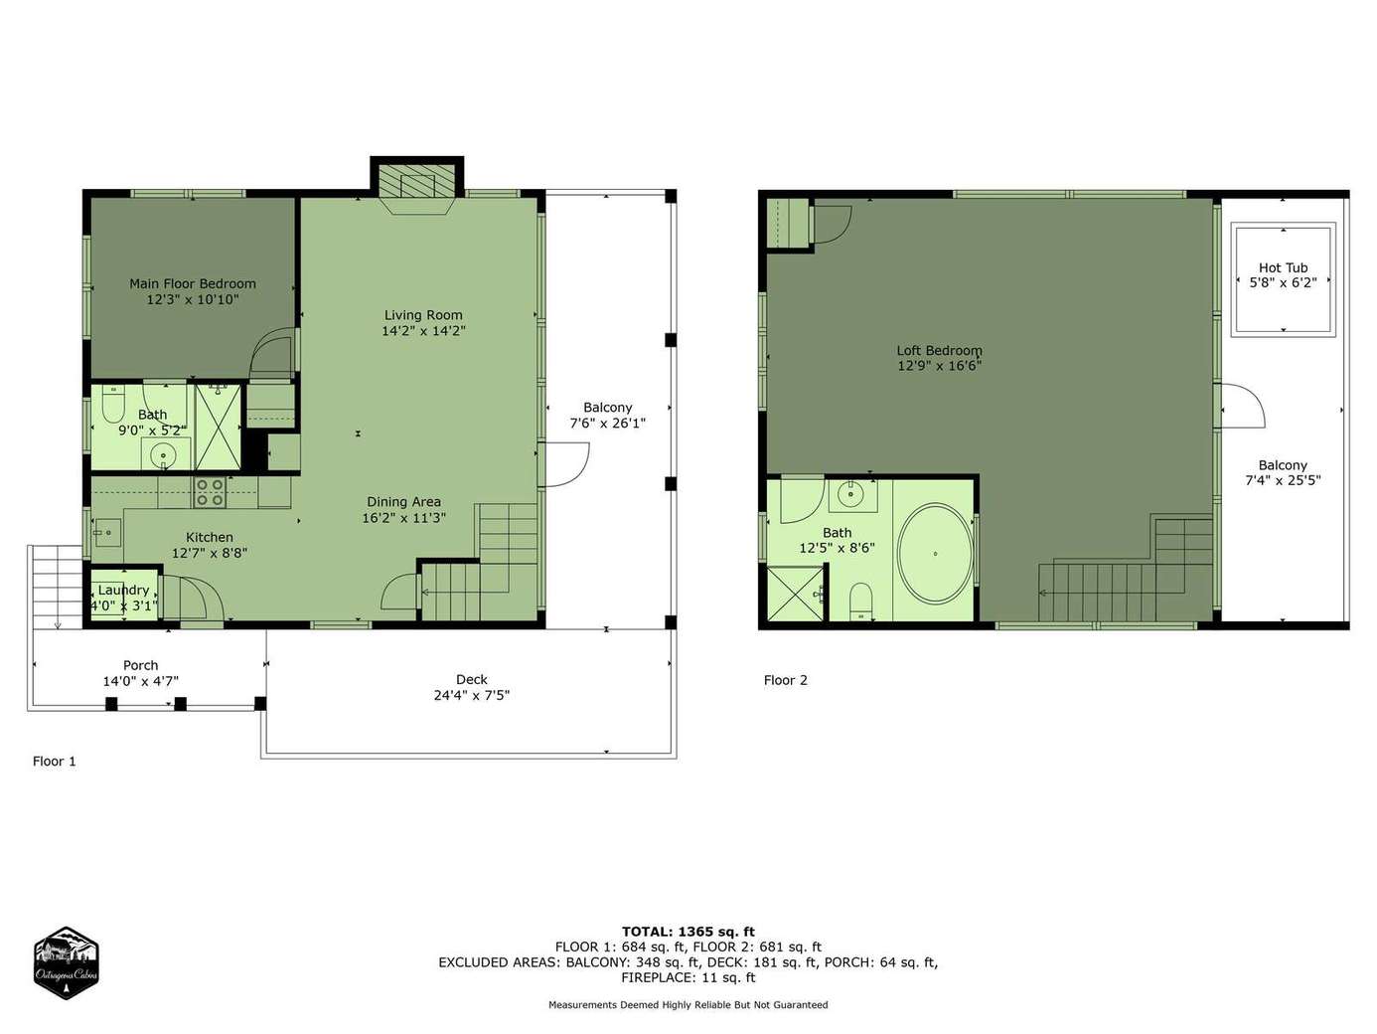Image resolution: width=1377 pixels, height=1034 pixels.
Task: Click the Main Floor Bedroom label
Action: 193,283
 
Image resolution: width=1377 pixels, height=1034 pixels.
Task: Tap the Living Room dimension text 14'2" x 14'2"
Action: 423,331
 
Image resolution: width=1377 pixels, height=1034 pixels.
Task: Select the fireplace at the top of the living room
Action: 417,187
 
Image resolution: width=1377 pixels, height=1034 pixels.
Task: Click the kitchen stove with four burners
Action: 211,492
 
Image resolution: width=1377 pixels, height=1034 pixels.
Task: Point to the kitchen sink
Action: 107,533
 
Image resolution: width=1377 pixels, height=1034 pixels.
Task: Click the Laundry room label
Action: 123,591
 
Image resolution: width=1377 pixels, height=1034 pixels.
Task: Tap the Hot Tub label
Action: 1283,268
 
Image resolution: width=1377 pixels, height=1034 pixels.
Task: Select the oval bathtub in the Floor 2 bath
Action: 935,553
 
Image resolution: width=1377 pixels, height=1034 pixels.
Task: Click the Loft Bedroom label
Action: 939,350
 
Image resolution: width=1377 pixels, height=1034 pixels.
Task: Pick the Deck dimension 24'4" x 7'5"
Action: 472,696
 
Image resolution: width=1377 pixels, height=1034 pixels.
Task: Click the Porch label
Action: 140,665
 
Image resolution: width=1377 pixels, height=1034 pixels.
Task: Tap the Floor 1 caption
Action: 55,762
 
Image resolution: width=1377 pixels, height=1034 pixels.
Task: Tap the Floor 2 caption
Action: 786,680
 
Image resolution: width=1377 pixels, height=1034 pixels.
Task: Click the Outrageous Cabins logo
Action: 66,962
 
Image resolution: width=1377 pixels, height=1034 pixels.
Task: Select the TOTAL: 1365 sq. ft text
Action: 688,932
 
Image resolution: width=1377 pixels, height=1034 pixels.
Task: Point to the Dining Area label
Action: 404,502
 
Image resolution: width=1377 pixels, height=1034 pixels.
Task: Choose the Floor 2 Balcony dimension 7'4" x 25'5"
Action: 1283,481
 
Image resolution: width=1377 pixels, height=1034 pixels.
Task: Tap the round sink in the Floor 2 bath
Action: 850,495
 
